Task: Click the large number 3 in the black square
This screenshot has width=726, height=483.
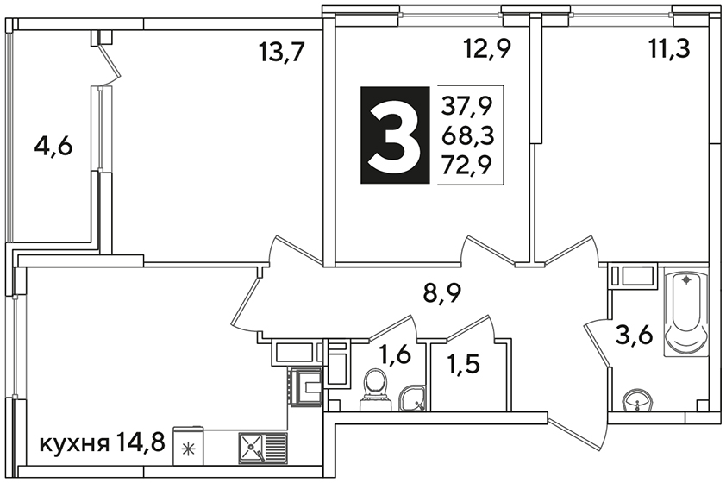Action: pos(394,135)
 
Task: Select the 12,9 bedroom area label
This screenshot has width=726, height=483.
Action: pos(488,47)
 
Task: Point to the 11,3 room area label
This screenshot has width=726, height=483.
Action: pos(669,47)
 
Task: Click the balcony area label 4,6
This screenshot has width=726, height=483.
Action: pos(53,147)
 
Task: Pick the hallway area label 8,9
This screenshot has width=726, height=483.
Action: pos(442,292)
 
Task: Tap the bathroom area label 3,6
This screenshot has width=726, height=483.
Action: pos(634,335)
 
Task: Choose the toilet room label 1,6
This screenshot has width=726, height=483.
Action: pos(395,355)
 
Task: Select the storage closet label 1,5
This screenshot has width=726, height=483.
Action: pos(463,365)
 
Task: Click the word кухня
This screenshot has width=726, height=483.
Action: pos(74,444)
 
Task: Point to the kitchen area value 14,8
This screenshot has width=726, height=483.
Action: pos(141,442)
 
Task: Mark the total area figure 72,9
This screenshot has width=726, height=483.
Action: pos(466,165)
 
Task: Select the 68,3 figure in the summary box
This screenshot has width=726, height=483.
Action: pos(467,136)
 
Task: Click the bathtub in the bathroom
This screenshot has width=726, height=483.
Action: pos(686,314)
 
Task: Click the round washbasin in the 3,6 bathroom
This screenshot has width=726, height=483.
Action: pos(639,401)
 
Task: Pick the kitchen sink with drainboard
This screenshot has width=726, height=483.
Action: pos(263,448)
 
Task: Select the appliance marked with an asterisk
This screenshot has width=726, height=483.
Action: pos(188,446)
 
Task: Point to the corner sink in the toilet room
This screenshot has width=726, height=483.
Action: pos(413,398)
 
